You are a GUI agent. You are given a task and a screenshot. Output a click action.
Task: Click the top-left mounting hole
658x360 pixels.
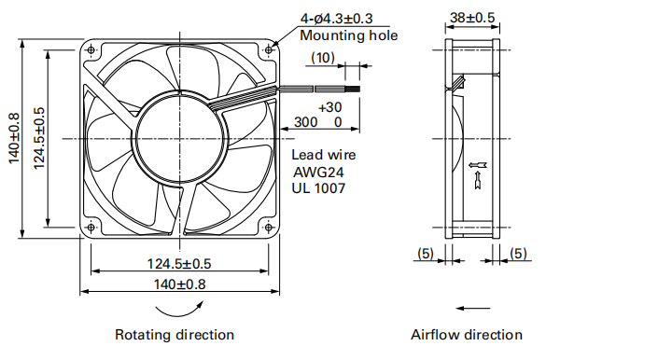91,50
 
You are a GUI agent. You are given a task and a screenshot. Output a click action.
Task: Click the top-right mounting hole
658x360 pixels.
269,50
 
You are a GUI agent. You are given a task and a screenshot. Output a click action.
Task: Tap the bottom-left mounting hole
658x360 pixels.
91,228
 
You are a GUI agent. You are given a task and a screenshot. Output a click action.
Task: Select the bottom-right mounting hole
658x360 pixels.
269,228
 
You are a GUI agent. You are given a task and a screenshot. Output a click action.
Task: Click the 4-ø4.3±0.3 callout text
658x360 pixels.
336,19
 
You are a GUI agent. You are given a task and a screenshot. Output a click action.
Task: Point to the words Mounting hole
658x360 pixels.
349,35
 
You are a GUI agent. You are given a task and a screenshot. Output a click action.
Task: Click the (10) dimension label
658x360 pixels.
323,58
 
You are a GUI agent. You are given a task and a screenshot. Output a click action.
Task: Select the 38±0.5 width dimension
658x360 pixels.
472,18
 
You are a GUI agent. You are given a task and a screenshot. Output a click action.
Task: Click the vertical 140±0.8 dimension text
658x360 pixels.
14,138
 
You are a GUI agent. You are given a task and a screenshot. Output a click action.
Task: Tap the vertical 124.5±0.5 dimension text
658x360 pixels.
39,138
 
